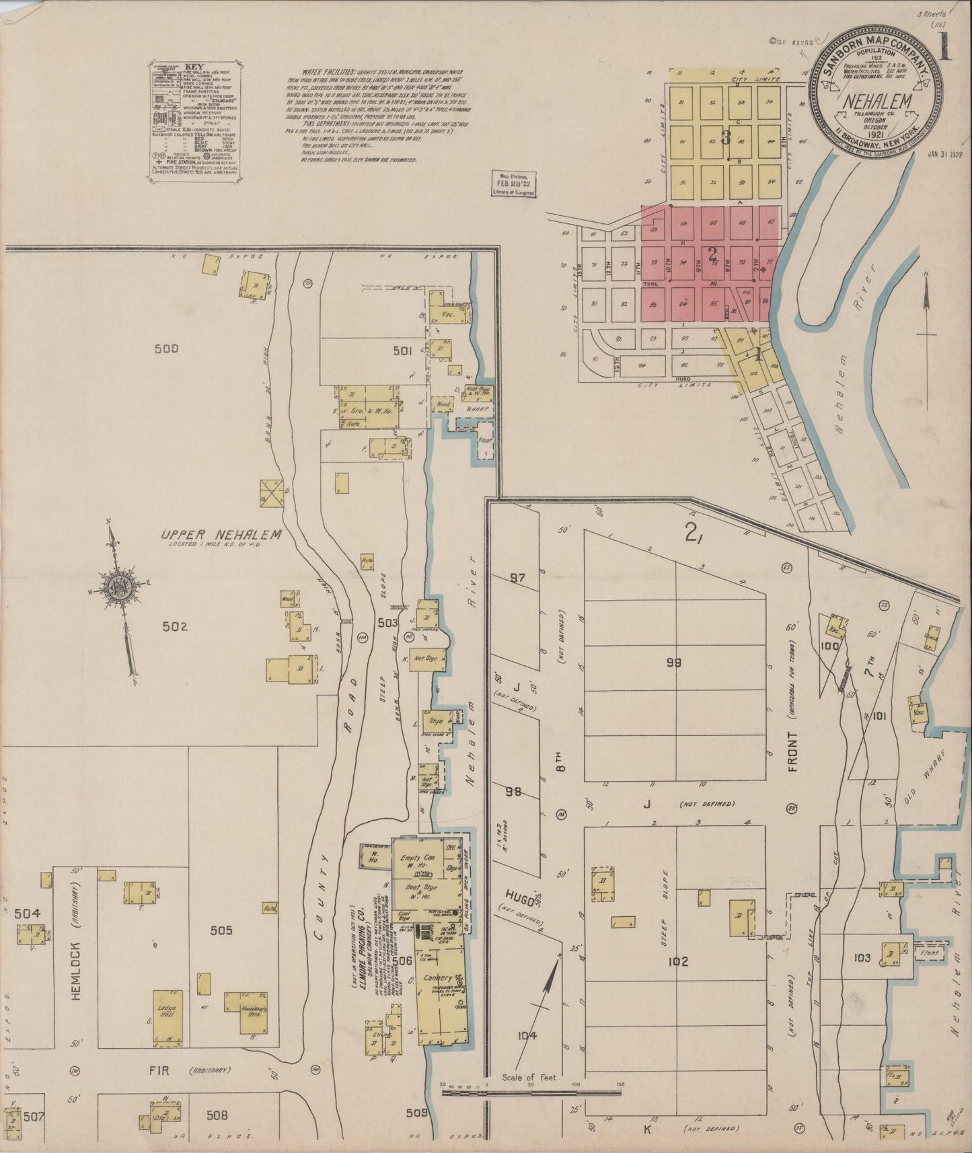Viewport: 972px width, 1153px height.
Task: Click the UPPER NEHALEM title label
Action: pos(220,534)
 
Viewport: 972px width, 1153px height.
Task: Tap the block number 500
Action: pos(166,348)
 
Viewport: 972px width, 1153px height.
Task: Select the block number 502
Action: pos(174,626)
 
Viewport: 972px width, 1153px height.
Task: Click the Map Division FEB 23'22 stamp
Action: pos(513,182)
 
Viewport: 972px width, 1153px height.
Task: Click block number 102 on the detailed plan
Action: pos(678,962)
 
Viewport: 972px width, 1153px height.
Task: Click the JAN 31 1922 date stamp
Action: pos(944,153)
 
